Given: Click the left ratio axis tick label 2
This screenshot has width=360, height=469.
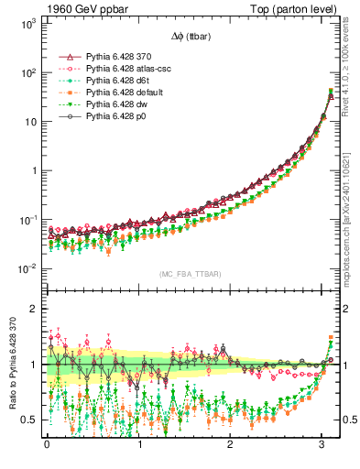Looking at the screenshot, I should pos(34,310).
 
